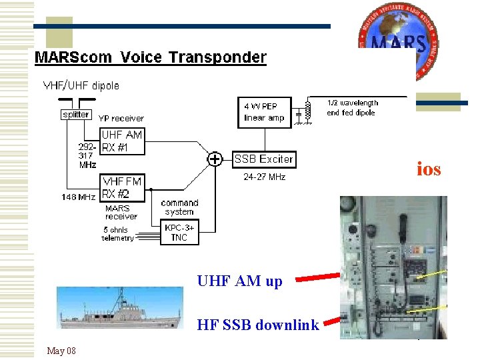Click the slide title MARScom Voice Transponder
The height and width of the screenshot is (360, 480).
coord(150,57)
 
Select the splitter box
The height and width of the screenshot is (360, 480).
coord(75,114)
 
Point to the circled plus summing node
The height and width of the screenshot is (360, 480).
coord(215,159)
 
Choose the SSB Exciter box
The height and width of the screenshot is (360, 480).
coord(263,159)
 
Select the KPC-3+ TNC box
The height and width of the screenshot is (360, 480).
coord(179,232)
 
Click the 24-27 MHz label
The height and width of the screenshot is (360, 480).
coord(264,177)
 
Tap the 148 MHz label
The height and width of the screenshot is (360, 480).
coord(78,197)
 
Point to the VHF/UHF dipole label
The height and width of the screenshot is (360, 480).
coord(81,85)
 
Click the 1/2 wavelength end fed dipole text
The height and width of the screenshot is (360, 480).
coord(352,108)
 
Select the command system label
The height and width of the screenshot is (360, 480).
coord(179,207)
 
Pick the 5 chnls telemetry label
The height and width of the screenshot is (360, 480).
coord(118,234)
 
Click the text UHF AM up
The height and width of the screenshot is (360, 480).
coord(239,281)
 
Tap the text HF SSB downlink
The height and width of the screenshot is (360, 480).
coord(258,325)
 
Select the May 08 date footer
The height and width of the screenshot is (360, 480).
coord(61,351)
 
